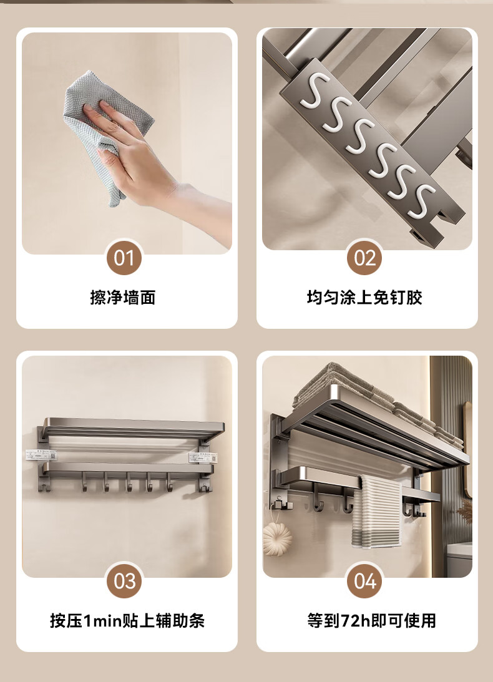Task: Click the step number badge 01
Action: point(124,258)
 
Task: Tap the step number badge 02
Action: point(364,258)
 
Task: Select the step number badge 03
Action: point(124,581)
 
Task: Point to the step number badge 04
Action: point(364,581)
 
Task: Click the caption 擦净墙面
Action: point(123,298)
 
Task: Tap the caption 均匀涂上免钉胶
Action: point(364,298)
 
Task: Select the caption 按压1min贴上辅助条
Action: point(127,621)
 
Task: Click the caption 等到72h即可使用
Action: point(371,621)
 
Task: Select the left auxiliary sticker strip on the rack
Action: point(41,455)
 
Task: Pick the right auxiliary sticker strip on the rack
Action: point(203,457)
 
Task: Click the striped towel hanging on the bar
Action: point(377,511)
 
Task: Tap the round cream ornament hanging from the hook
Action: point(277,538)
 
